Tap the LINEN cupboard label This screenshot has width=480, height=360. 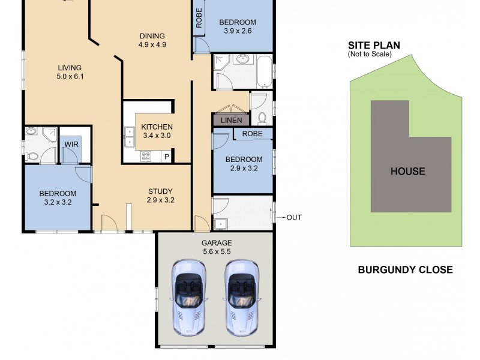231,121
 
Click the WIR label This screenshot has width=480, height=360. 71,145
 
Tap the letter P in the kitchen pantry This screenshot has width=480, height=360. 166,157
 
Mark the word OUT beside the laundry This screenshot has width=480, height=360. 294,217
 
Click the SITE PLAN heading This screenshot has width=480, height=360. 374,46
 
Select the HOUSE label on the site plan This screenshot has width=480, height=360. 407,171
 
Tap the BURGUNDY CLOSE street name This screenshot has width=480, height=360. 405,269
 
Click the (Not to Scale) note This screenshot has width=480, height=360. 370,55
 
